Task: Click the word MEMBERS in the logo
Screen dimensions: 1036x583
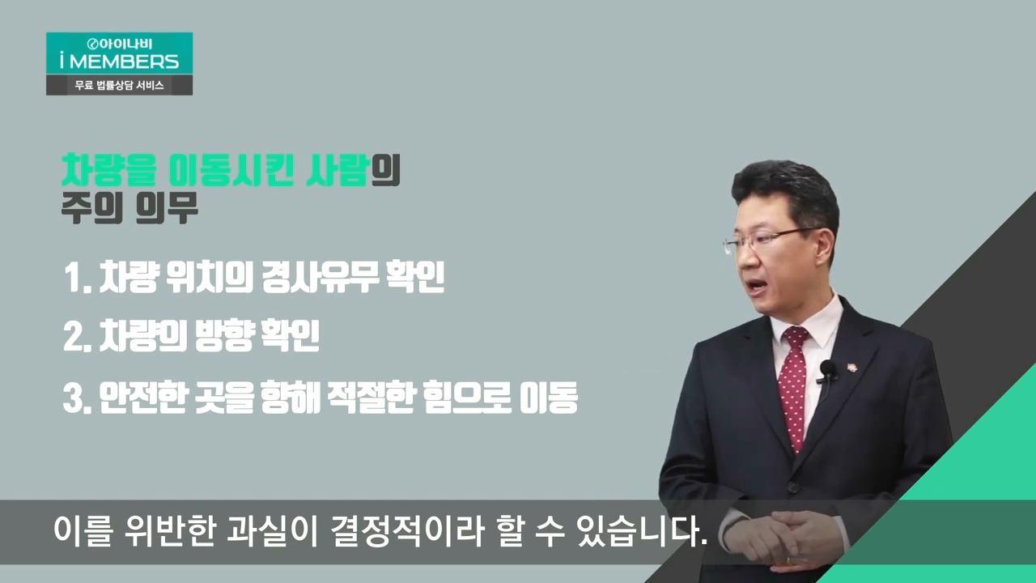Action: (x=124, y=62)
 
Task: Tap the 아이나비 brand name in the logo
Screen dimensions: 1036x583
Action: (x=125, y=44)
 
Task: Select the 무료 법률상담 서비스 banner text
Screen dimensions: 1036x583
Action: (x=119, y=86)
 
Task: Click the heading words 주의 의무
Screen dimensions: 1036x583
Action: (x=130, y=208)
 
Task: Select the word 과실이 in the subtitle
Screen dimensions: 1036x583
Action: (x=271, y=530)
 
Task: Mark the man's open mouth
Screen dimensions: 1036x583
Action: (x=757, y=286)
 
